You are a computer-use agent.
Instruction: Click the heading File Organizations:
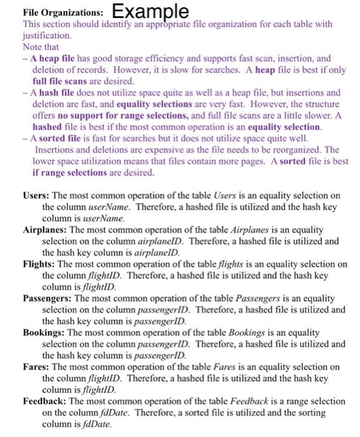coord(54,12)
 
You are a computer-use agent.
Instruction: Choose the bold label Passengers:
coord(47,298)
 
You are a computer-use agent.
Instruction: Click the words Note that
coord(39,47)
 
